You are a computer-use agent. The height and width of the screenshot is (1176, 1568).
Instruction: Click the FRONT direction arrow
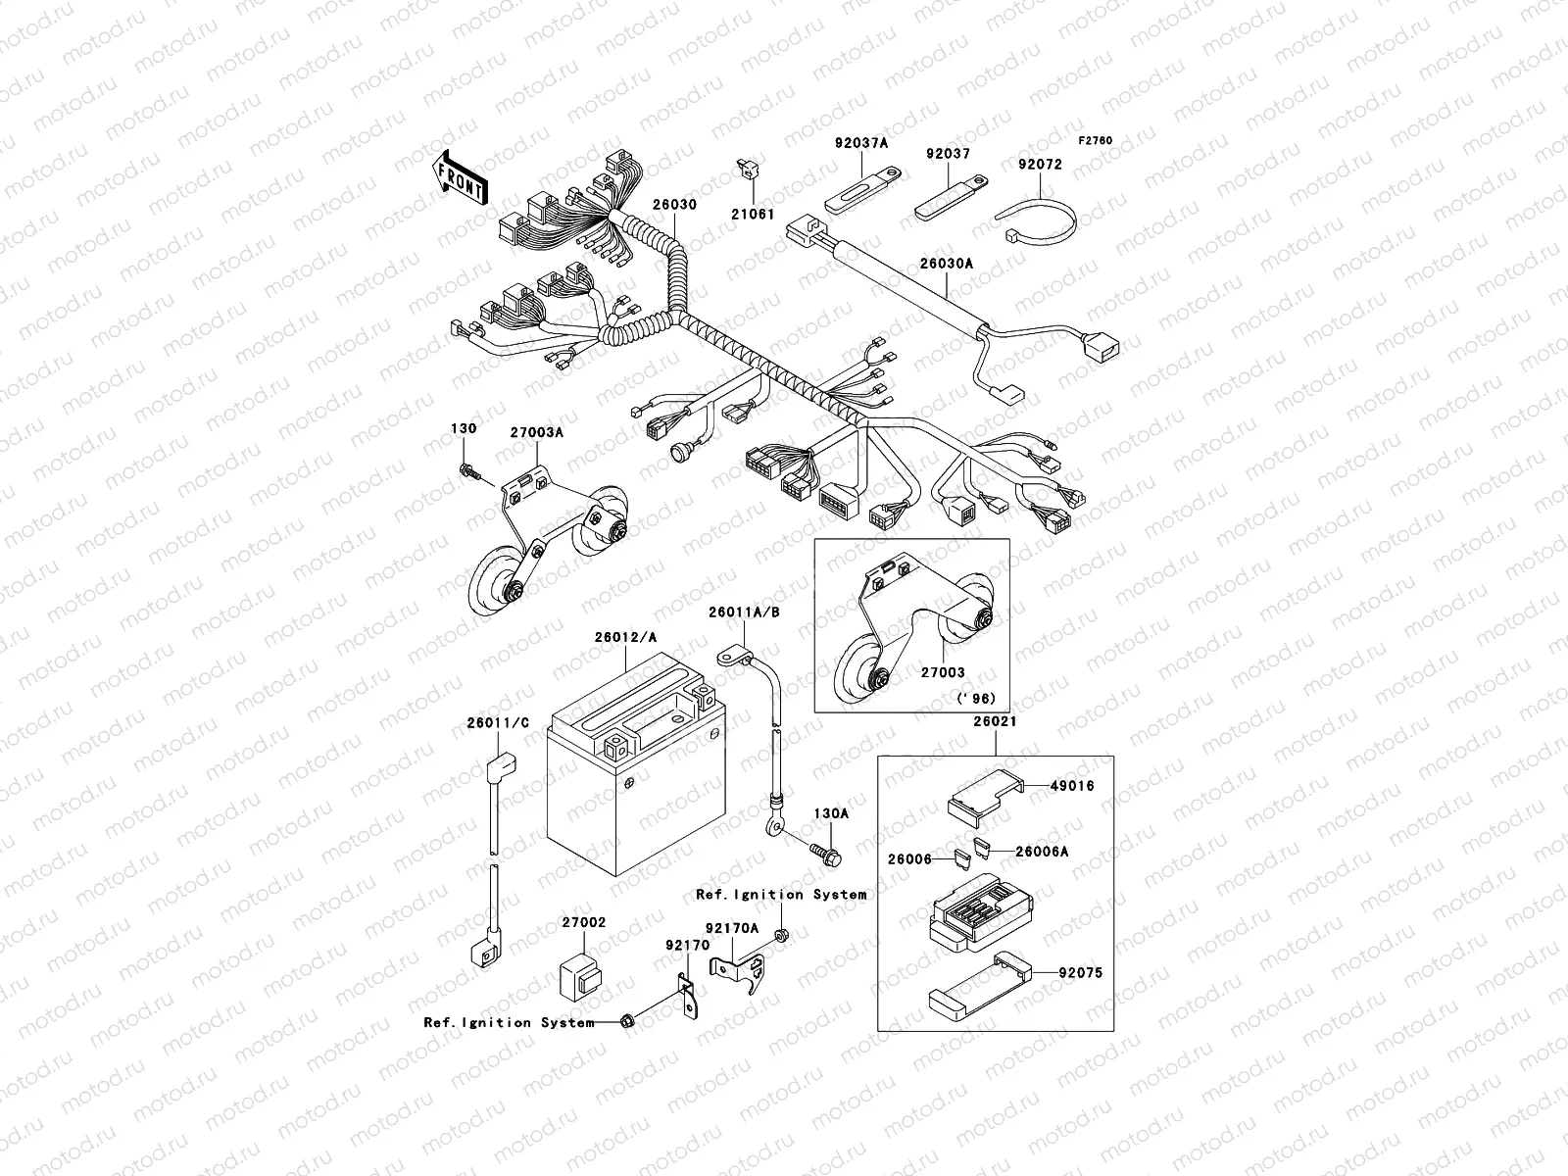pyautogui.click(x=461, y=177)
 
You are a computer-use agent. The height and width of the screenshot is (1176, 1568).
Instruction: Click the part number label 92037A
pyautogui.click(x=861, y=143)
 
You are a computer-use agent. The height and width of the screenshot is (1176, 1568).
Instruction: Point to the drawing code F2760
pyautogui.click(x=1096, y=141)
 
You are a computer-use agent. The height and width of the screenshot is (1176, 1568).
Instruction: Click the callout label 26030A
pyautogui.click(x=946, y=264)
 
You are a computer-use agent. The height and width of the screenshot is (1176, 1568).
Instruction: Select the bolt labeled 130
pyautogui.click(x=467, y=474)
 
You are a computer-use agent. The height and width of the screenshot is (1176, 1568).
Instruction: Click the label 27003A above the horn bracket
pyautogui.click(x=535, y=430)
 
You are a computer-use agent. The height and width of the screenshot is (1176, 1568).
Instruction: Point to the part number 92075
pyautogui.click(x=1080, y=973)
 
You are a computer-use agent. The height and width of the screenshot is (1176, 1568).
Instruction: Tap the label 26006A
pyautogui.click(x=1041, y=851)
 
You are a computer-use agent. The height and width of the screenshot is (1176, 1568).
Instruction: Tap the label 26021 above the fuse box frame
pyautogui.click(x=995, y=721)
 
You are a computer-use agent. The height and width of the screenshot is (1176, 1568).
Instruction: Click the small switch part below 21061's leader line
pyautogui.click(x=748, y=171)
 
